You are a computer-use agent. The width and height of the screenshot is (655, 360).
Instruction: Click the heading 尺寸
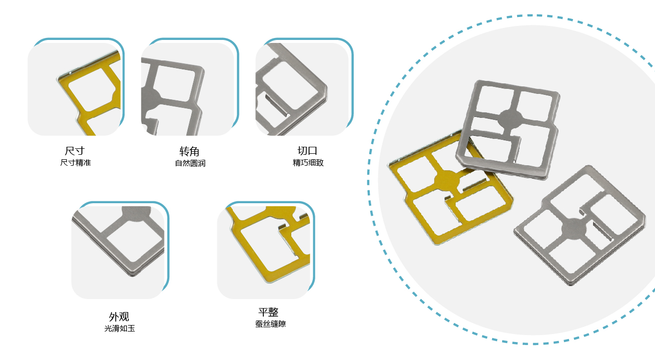tap(74, 151)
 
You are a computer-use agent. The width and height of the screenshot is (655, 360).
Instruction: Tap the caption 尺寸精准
tap(75, 162)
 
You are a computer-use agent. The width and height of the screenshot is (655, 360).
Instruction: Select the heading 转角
tap(189, 152)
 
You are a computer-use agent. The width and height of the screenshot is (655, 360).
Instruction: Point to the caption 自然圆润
tap(190, 163)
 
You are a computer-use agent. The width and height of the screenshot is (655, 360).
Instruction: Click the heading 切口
tap(307, 151)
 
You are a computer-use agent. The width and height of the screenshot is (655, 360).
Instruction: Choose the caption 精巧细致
tap(308, 162)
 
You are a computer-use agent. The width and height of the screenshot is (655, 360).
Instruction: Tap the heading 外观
tap(119, 317)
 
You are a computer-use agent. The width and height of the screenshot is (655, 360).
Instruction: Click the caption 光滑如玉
tap(119, 329)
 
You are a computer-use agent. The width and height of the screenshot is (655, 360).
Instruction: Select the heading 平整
tap(268, 312)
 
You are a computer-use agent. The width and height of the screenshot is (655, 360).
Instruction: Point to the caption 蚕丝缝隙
tap(270, 324)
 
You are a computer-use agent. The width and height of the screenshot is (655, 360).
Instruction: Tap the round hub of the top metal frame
tap(510, 119)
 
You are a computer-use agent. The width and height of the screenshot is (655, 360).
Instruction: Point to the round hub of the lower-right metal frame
tap(574, 229)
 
